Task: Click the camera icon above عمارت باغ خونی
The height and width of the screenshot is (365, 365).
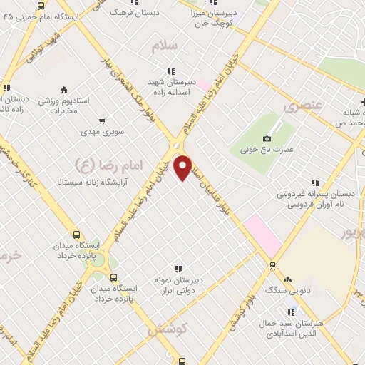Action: point(267,138)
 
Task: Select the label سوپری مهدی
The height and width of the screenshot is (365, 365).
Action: point(102,133)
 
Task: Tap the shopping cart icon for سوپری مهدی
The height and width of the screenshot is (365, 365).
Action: point(102,120)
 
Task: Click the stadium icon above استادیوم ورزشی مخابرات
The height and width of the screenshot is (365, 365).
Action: point(64,90)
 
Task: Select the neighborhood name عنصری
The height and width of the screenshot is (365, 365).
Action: point(304,107)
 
